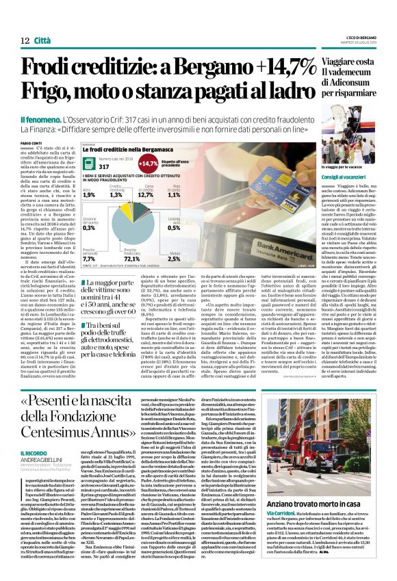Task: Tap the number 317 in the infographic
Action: [105, 166]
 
